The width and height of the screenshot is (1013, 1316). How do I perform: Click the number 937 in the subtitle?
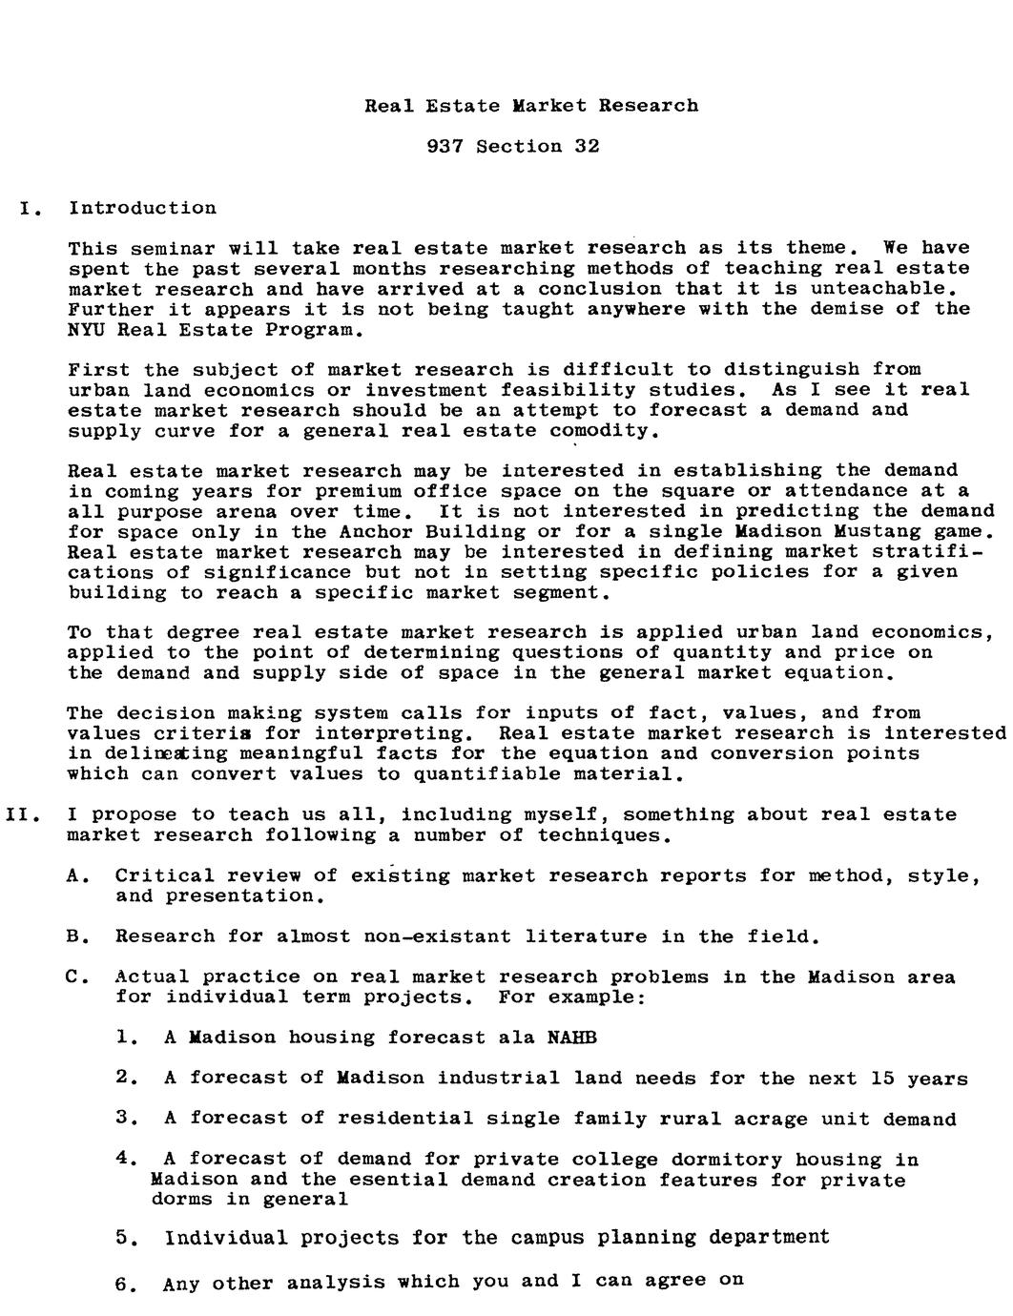pos(444,146)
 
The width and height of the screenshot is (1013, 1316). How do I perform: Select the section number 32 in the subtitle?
pos(587,146)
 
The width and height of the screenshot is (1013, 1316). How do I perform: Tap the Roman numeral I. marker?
pos(30,208)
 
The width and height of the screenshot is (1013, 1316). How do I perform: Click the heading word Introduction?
pos(142,208)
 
